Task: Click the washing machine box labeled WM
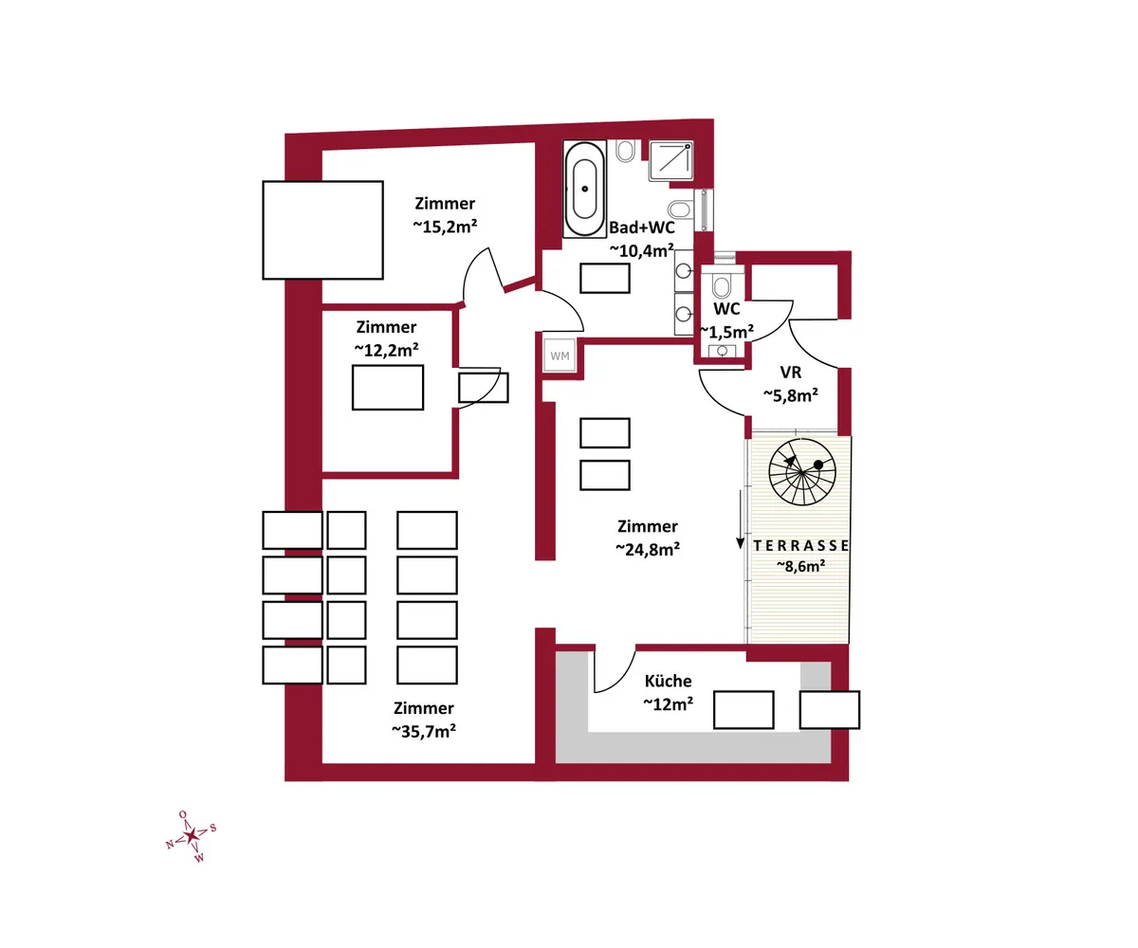click(x=560, y=355)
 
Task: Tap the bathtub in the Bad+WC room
click(x=585, y=189)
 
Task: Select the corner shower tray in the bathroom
click(x=670, y=161)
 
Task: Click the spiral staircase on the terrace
click(x=802, y=472)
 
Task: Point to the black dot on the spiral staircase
click(x=818, y=465)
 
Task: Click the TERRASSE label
click(x=800, y=545)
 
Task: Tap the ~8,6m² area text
click(x=800, y=566)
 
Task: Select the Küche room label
click(x=668, y=681)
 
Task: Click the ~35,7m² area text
click(x=424, y=731)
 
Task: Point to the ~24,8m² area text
click(x=648, y=549)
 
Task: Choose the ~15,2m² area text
click(x=445, y=227)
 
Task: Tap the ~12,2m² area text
click(x=386, y=350)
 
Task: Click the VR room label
click(x=790, y=373)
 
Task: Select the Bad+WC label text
click(x=641, y=228)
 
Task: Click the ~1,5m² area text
click(x=727, y=332)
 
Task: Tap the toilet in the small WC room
click(x=722, y=284)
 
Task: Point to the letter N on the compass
click(x=170, y=845)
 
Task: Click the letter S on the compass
click(x=213, y=829)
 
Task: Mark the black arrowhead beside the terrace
click(x=740, y=543)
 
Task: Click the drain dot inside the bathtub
click(x=585, y=189)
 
